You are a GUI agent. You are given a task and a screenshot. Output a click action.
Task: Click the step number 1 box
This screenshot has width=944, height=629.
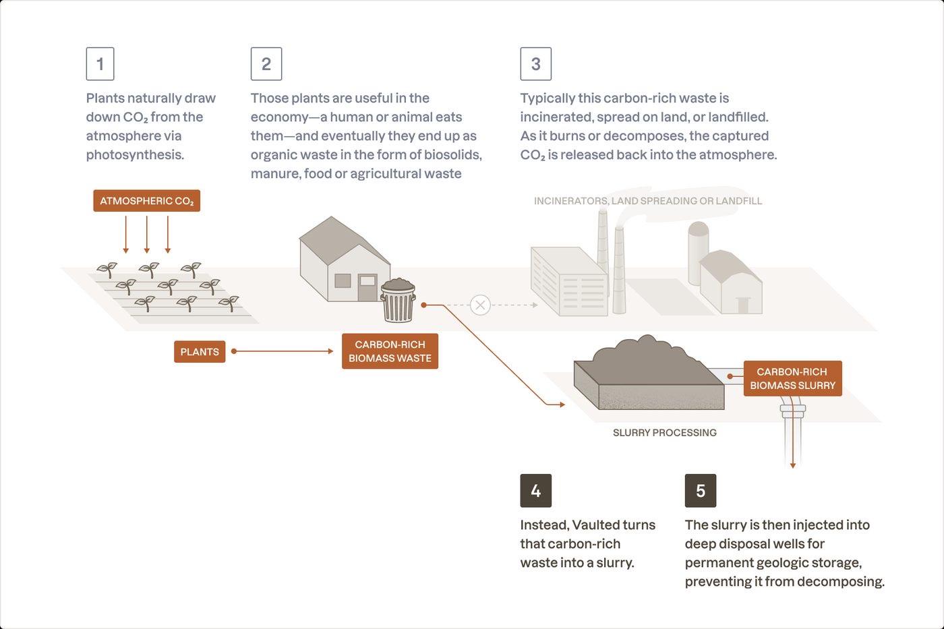coord(100,63)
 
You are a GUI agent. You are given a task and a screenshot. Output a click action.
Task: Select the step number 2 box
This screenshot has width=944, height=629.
coord(266,63)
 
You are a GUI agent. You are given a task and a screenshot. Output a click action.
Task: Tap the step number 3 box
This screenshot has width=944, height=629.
coord(535,63)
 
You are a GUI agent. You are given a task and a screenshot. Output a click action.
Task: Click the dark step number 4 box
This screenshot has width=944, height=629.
coord(535,490)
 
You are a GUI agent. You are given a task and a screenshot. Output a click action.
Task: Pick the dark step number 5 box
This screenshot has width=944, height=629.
coord(701,490)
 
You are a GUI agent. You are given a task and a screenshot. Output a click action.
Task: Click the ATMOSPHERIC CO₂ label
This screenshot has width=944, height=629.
coord(147,200)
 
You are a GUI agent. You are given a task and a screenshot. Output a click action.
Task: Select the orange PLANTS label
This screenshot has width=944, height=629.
coord(200,351)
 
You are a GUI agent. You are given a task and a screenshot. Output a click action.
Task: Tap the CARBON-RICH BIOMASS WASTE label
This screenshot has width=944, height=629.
coord(390,351)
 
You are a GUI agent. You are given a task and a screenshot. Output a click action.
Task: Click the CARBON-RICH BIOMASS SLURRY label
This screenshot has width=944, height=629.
coord(793,378)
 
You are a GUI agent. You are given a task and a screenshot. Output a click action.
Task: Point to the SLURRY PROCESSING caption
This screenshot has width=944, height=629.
coord(665,433)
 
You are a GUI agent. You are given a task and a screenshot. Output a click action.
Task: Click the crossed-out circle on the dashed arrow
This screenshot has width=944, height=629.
coord(480,305)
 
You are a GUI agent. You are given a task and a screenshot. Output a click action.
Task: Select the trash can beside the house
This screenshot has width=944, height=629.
coord(398,301)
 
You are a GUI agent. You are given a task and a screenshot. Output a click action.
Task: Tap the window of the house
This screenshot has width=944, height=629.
coord(343,281)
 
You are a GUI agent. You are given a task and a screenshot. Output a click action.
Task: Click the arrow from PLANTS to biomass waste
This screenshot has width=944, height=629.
coord(283,351)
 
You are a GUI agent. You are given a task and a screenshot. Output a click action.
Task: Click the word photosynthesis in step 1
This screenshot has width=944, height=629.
coord(135,154)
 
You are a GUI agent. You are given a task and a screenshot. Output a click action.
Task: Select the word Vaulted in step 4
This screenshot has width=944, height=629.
coord(599,525)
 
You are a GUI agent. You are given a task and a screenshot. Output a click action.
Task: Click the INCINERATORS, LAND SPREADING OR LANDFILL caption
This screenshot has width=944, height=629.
coord(648,201)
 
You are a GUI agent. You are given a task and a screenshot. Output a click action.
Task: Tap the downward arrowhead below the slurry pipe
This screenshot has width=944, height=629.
coord(793,465)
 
